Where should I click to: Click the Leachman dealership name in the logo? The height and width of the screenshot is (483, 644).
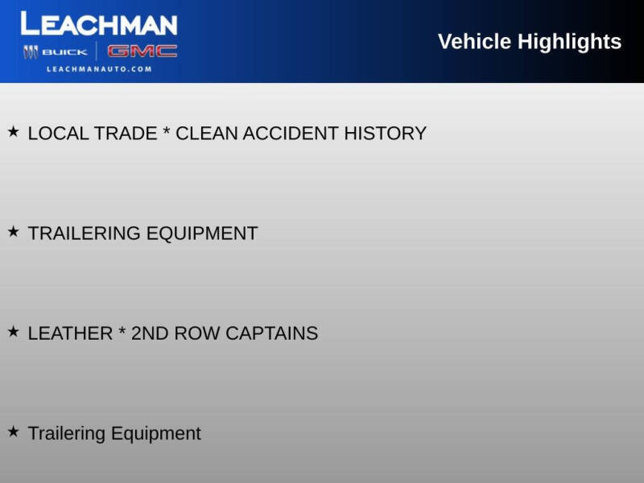click(x=99, y=23)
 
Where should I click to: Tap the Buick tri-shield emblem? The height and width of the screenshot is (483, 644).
click(x=31, y=52)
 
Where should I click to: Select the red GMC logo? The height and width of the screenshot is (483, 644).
click(x=142, y=52)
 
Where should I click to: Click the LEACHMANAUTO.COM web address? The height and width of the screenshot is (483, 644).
click(x=99, y=69)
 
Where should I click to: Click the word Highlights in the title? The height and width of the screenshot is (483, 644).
click(x=569, y=43)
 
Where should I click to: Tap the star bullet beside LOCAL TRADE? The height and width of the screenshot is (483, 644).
click(x=14, y=132)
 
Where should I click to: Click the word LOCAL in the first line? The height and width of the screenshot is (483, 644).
click(x=58, y=134)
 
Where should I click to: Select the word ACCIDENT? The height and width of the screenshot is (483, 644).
click(x=291, y=134)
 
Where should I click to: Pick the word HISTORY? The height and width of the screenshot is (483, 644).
click(x=386, y=134)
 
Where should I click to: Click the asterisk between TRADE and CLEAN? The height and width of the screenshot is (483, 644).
click(x=167, y=130)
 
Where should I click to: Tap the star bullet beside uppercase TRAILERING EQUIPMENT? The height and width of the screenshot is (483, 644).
click(x=14, y=232)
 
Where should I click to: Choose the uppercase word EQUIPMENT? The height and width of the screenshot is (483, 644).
click(x=202, y=233)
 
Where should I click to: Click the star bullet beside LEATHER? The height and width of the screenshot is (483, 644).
click(x=14, y=332)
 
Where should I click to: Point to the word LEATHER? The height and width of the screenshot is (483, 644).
click(x=70, y=333)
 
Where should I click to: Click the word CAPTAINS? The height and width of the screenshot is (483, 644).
click(x=272, y=333)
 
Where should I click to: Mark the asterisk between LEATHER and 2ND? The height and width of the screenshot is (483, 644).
click(x=122, y=330)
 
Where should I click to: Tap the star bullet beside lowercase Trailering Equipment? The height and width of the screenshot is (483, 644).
click(x=14, y=431)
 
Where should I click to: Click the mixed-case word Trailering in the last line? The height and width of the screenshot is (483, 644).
click(x=67, y=434)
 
